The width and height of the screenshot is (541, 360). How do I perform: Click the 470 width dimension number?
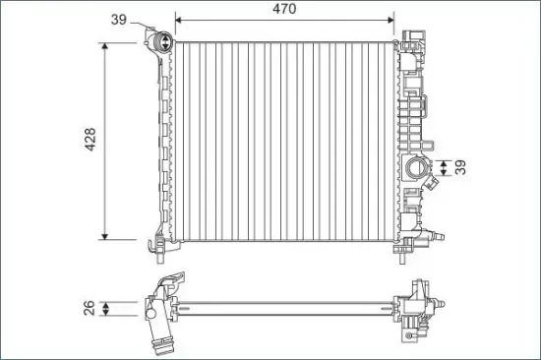coord(284,9)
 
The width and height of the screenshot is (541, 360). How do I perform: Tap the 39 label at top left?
coord(119,19)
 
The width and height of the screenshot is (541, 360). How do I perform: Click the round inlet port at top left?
coord(162,42)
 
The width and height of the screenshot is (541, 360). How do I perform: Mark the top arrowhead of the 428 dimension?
coord(106,46)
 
